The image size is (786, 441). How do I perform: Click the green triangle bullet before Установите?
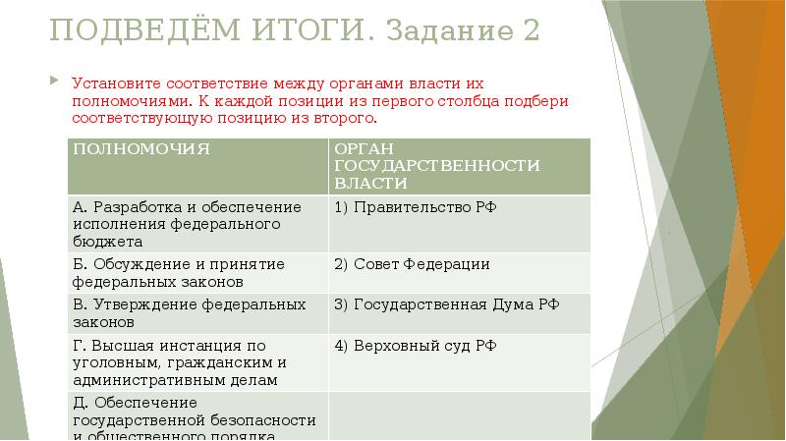(55, 83)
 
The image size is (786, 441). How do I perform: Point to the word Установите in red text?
(112, 84)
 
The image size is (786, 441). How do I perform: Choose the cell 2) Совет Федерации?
(412, 264)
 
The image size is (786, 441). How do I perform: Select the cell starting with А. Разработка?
(196, 223)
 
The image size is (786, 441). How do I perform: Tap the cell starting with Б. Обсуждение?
(196, 272)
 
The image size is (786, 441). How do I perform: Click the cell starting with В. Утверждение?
(196, 312)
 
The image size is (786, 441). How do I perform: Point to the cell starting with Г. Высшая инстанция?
(196, 361)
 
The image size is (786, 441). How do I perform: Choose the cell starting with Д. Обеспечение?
(196, 416)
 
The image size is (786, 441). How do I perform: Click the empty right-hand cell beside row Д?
(458, 416)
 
